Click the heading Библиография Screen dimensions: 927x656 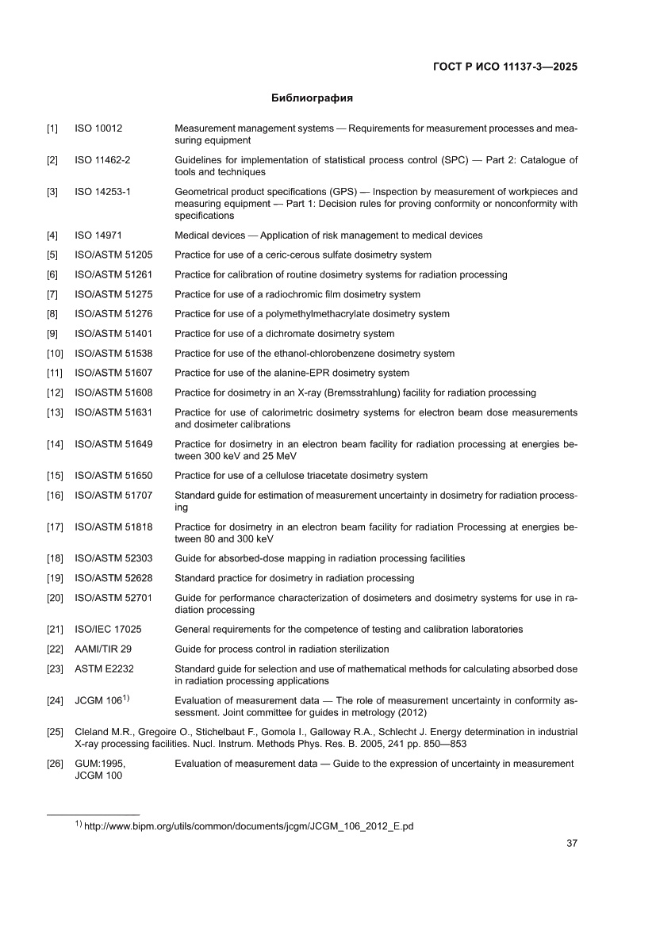coord(312,98)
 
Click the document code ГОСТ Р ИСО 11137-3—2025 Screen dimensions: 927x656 coord(504,67)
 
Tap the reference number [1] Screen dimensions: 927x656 coord(52,128)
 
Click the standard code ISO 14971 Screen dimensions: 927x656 coord(98,236)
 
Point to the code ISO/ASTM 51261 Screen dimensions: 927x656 coord(113,274)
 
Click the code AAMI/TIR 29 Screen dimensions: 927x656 coord(103,649)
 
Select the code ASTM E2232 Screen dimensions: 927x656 coord(104,669)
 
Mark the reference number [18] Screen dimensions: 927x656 coord(55,558)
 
